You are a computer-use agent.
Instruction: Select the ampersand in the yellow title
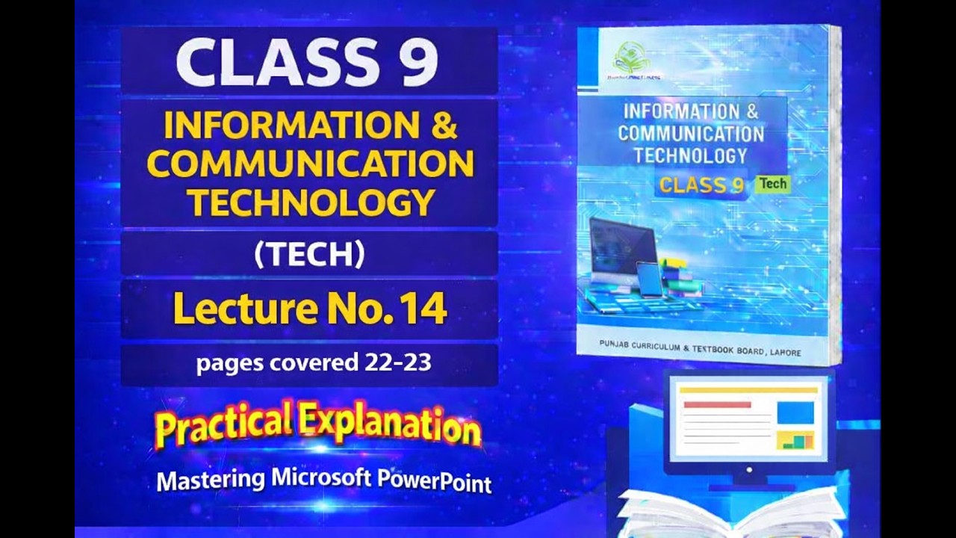tap(444, 126)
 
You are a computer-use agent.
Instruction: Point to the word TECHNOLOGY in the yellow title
tap(310, 202)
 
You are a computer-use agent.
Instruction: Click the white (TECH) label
tap(309, 255)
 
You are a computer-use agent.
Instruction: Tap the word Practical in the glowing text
tap(222, 425)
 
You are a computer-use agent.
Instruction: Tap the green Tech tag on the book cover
tap(772, 184)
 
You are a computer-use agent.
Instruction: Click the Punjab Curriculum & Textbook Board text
tap(700, 348)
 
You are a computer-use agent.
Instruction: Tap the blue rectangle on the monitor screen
tap(795, 412)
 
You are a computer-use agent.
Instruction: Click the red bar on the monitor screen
tap(717, 404)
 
